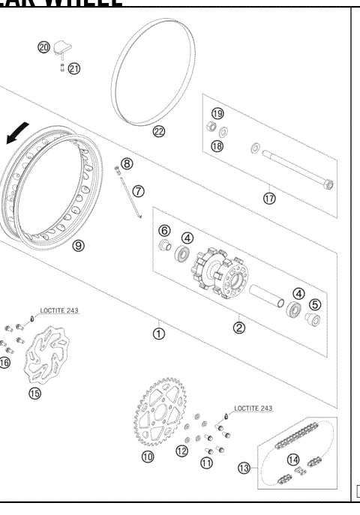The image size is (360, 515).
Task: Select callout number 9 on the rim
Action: (x=79, y=244)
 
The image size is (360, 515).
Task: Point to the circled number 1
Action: (x=159, y=334)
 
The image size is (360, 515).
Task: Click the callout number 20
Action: (x=44, y=46)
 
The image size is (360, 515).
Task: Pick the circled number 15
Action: (x=34, y=392)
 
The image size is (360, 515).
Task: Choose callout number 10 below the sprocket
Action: (x=148, y=456)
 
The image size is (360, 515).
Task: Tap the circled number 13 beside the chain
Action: (x=244, y=468)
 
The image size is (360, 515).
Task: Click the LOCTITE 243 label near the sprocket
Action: (x=253, y=409)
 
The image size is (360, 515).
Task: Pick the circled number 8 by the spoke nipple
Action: (x=127, y=163)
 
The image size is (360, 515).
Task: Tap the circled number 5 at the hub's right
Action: (x=315, y=304)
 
